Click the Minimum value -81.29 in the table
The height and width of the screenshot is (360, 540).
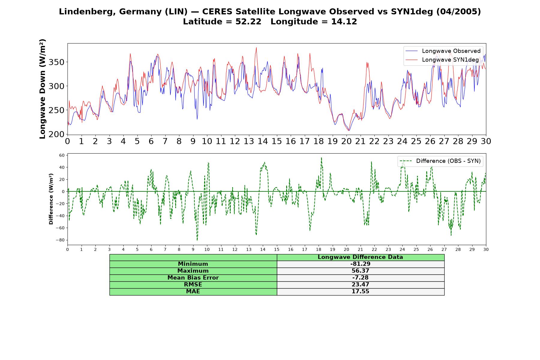(360, 264)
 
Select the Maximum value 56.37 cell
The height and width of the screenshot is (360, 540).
(360, 271)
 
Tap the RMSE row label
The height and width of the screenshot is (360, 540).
(193, 285)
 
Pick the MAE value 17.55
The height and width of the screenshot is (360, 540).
(360, 292)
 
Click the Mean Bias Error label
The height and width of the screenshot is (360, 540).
(193, 278)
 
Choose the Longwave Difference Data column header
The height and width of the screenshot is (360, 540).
(360, 257)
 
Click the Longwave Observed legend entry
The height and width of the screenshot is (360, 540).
(443, 51)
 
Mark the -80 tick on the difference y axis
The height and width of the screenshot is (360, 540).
(60, 240)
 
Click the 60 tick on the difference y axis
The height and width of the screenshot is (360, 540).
(62, 155)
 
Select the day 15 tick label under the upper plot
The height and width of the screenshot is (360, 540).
(277, 141)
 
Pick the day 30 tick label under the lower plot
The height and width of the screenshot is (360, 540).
(486, 250)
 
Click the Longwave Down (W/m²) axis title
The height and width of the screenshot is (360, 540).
(43, 89)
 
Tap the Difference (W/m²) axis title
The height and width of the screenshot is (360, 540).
(51, 199)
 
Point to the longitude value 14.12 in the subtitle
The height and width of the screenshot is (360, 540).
(344, 22)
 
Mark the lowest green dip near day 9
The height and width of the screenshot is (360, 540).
(197, 240)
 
